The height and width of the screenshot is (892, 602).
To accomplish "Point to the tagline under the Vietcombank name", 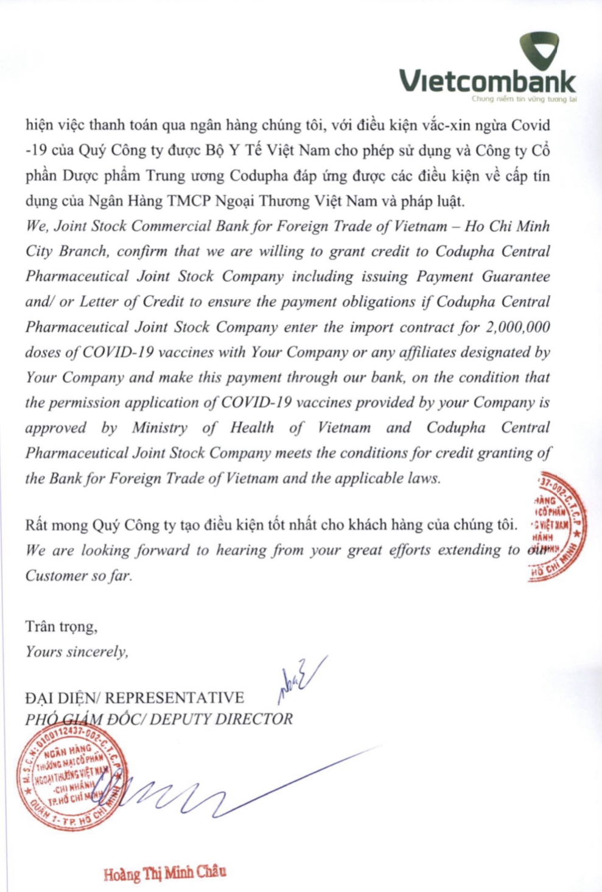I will click(x=524, y=99).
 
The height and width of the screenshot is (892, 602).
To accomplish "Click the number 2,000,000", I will click(x=518, y=327).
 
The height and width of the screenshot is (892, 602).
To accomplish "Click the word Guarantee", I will click(x=516, y=277).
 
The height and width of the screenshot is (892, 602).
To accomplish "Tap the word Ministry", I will click(x=160, y=428).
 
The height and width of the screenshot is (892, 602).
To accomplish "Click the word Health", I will click(x=252, y=428).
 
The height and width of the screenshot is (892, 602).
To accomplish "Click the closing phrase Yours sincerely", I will click(x=77, y=652).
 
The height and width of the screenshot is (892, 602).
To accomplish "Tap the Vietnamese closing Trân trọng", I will click(x=61, y=626).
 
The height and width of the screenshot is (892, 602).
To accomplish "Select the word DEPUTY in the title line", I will click(x=180, y=720).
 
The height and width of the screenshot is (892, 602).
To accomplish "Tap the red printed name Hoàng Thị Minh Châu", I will click(x=165, y=873).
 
